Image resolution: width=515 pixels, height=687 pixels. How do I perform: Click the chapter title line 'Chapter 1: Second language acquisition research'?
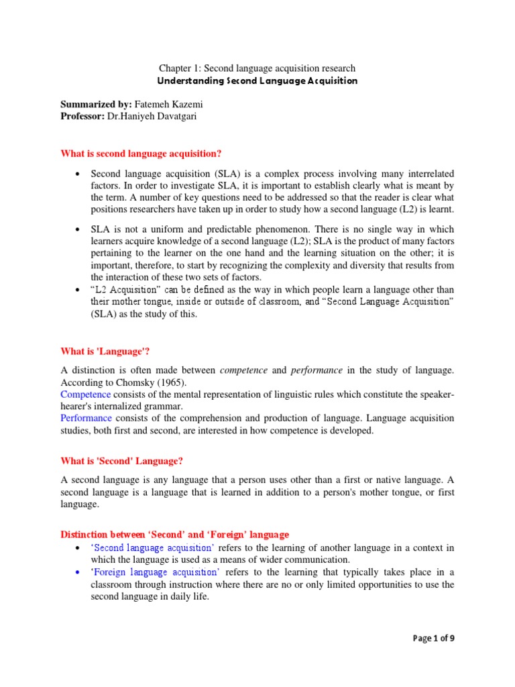pyautogui.click(x=257, y=68)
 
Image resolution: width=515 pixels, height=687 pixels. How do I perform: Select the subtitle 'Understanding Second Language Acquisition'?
pyautogui.click(x=257, y=81)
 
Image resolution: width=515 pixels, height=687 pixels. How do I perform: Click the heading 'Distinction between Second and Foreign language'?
pyautogui.click(x=175, y=535)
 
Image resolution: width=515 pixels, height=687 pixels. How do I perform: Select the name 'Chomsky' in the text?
pyautogui.click(x=133, y=382)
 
